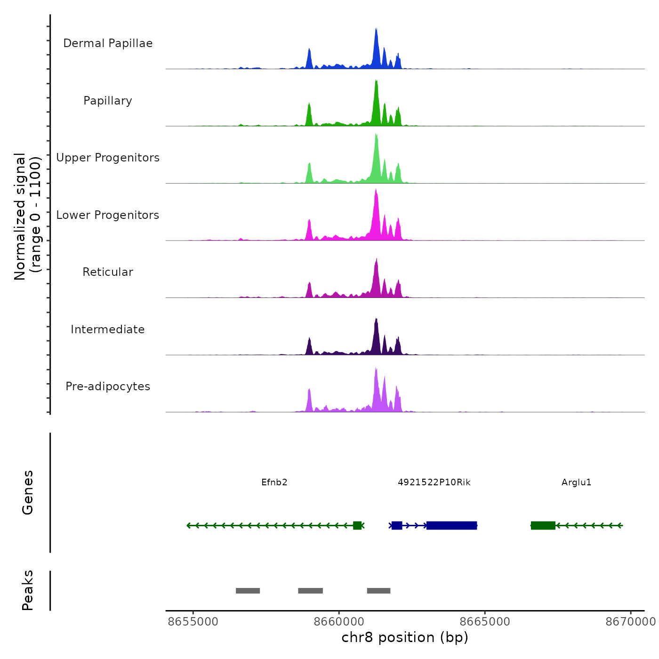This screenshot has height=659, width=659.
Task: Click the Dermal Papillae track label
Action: point(108,43)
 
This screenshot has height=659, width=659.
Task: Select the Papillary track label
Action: point(108,101)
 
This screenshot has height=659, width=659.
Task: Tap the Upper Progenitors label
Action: point(108,158)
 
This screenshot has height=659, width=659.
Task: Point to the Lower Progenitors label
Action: point(108,215)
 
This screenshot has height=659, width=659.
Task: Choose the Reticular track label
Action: point(108,272)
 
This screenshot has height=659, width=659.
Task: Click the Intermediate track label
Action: point(108,329)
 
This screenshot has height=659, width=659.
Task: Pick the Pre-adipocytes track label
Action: point(108,386)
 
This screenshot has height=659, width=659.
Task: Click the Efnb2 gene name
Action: point(274,482)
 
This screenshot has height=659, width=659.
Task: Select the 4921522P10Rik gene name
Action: point(434,482)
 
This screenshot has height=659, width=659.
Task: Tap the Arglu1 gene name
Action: point(576,482)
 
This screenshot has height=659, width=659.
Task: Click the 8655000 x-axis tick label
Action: point(193,622)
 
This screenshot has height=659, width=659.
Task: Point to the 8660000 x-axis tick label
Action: point(339,622)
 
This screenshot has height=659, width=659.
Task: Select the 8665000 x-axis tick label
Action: point(485,622)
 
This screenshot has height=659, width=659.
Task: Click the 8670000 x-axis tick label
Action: point(630,622)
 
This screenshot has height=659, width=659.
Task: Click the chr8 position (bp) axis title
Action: point(405,637)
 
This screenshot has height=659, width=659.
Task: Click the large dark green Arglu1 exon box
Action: point(543,525)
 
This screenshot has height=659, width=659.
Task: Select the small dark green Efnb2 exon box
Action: point(357,525)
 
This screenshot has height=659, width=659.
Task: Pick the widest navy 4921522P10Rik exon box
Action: point(452,525)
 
